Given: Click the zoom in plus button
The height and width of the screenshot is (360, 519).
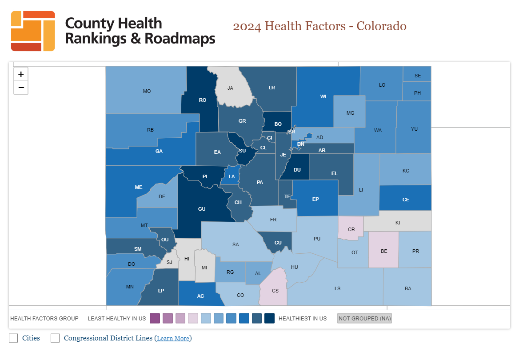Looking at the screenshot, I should click(21, 74).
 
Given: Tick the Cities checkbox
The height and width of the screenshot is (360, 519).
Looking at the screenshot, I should click(13, 338).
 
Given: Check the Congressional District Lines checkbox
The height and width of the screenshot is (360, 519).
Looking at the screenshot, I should click(55, 338).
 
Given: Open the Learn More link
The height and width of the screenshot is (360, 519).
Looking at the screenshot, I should click(173, 339).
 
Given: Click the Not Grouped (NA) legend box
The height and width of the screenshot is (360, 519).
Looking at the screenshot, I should click(364, 318).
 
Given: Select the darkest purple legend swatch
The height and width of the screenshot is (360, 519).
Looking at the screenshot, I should click(155, 318).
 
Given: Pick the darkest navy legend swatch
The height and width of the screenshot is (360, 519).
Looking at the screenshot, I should click(269, 318).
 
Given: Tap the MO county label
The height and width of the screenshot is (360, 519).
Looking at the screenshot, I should click(147, 91).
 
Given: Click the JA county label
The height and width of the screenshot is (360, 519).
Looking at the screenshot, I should click(230, 88).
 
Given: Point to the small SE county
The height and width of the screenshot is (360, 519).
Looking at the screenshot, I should click(417, 76).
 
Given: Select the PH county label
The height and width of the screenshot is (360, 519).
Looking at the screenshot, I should click(417, 93).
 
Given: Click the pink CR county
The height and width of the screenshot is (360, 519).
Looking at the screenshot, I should click(351, 229).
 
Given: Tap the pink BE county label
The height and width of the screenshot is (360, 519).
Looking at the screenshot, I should click(384, 251).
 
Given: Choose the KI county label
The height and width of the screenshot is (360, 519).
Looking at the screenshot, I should click(398, 222).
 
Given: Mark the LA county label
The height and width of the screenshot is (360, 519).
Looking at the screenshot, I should click(232, 176).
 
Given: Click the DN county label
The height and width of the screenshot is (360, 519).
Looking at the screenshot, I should click(301, 144).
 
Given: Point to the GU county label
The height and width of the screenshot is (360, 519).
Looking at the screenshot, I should click(202, 209).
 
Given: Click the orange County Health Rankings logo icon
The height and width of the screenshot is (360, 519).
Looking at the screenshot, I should click(33, 31).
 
